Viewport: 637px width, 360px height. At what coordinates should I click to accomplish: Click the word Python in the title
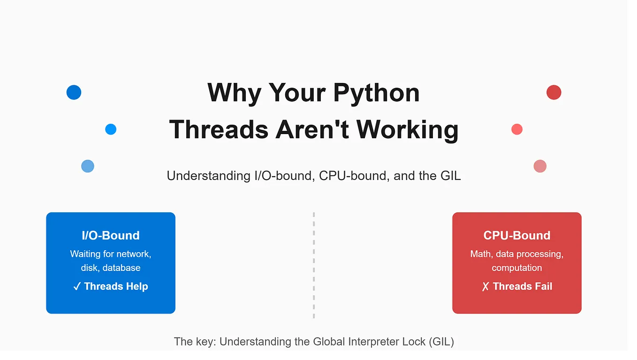pyautogui.click(x=376, y=93)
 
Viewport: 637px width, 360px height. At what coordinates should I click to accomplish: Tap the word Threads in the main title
pyautogui.click(x=219, y=129)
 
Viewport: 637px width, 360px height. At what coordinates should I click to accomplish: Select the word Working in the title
pyautogui.click(x=408, y=130)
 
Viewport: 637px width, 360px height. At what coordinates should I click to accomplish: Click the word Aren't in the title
pyautogui.click(x=312, y=129)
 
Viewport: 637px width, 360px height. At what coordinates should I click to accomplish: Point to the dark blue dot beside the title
pyautogui.click(x=74, y=92)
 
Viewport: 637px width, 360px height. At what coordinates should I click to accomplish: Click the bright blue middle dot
pyautogui.click(x=111, y=129)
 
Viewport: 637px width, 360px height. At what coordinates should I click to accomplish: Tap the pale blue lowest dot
pyautogui.click(x=88, y=166)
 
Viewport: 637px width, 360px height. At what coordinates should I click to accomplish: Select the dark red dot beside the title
pyautogui.click(x=554, y=92)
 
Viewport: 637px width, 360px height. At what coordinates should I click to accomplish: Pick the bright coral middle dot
pyautogui.click(x=517, y=129)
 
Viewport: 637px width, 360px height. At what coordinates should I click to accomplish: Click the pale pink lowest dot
pyautogui.click(x=540, y=166)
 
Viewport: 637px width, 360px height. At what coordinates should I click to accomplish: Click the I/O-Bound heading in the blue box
pyautogui.click(x=111, y=236)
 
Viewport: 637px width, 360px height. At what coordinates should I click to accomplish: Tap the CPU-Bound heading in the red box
pyautogui.click(x=517, y=236)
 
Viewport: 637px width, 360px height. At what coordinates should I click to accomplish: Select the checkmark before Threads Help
pyautogui.click(x=77, y=286)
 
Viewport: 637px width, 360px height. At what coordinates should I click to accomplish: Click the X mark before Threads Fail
pyautogui.click(x=485, y=286)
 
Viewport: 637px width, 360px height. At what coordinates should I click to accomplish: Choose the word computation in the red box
pyautogui.click(x=517, y=268)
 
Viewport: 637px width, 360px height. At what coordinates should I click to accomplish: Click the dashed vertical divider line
pyautogui.click(x=314, y=265)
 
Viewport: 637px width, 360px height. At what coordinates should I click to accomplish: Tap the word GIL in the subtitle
pyautogui.click(x=450, y=176)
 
